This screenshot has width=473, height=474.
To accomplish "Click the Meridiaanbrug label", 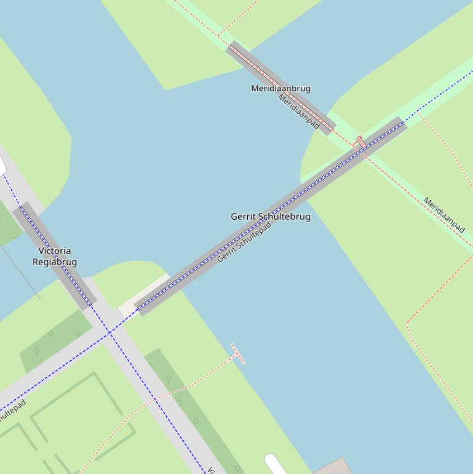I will [280, 89].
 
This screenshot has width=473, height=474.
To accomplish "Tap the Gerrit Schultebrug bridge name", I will [270, 217].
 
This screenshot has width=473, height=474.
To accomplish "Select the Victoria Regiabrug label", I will [54, 256].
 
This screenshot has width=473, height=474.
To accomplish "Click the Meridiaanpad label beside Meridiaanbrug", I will [299, 111].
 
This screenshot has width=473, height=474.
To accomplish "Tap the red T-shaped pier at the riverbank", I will [237, 353].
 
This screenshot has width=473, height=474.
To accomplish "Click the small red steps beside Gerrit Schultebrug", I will [361, 142].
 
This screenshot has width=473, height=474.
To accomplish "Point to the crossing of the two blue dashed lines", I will [111, 332].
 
